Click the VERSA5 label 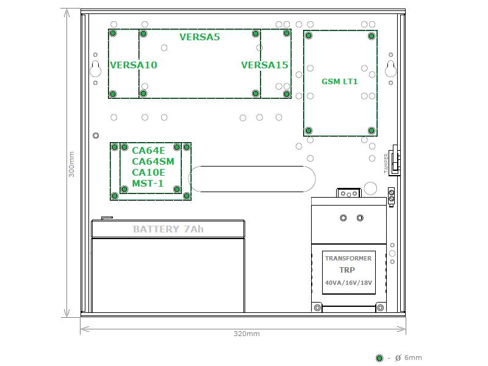pyautogui.click(x=200, y=37)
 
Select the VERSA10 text pyautogui.click(x=134, y=65)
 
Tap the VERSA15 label pyautogui.click(x=265, y=65)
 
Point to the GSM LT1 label pyautogui.click(x=340, y=82)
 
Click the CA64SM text pyautogui.click(x=153, y=162)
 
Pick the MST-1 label pyautogui.click(x=148, y=184)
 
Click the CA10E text pyautogui.click(x=148, y=173)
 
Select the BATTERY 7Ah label pyautogui.click(x=168, y=229)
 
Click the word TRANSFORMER pyautogui.click(x=348, y=258)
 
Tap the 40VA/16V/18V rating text pyautogui.click(x=348, y=282)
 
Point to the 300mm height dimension pyautogui.click(x=71, y=164)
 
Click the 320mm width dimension pyautogui.click(x=246, y=334)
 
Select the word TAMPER pyautogui.click(x=386, y=163)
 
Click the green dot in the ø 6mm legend pyautogui.click(x=379, y=358)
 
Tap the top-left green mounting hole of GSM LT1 pyautogui.click(x=309, y=35)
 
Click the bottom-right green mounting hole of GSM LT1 pyautogui.click(x=371, y=131)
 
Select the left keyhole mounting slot pyautogui.click(x=95, y=69)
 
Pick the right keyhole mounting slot pyautogui.click(x=390, y=69)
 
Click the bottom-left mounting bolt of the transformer pyautogui.click(x=317, y=308)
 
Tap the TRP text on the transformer pyautogui.click(x=347, y=270)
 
